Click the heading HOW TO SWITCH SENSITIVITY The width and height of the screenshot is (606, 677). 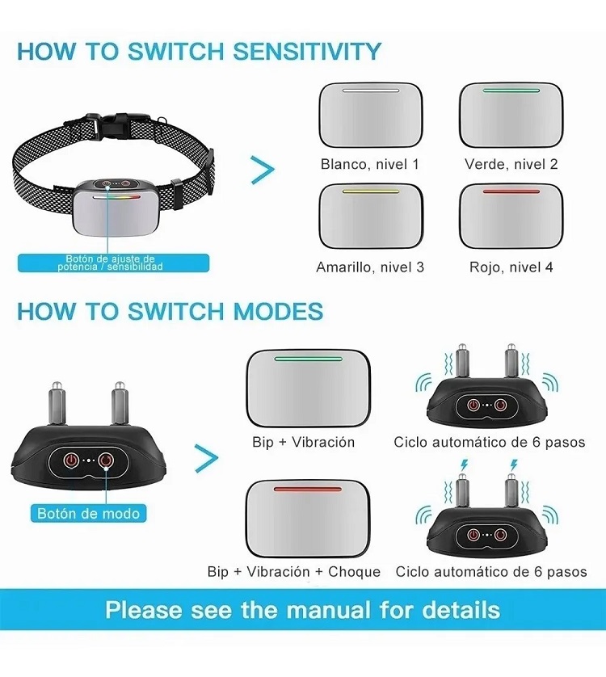coord(199,51)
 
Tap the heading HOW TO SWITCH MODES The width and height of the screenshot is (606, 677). coord(170,311)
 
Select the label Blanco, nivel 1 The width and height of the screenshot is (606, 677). coord(369,164)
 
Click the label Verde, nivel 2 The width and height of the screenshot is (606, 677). coord(511,164)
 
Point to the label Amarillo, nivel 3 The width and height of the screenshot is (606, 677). coord(369,267)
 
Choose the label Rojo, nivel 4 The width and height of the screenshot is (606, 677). coord(511,267)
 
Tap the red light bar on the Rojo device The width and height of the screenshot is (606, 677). coord(511,191)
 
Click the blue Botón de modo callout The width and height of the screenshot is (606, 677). coord(89,513)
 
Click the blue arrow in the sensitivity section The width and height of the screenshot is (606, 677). coord(263,169)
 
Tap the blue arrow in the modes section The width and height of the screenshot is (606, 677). coord(207,458)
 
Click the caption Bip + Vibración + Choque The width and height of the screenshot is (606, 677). coord(293,571)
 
